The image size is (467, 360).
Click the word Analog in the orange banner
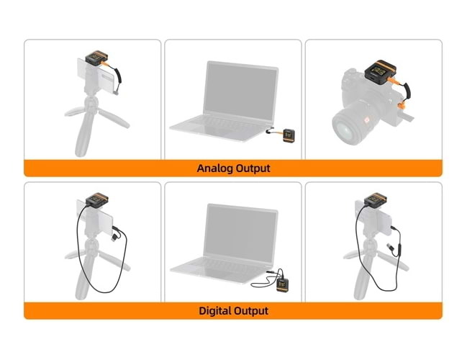(x=214, y=168)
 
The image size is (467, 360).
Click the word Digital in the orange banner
(x=215, y=311)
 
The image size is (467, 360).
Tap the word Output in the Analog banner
(x=253, y=168)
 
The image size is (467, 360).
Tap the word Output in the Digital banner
(x=251, y=311)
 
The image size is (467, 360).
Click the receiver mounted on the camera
(x=380, y=73)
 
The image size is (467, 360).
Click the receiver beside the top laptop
(x=289, y=136)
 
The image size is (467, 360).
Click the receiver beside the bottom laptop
(x=282, y=285)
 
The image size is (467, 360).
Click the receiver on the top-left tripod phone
(x=96, y=58)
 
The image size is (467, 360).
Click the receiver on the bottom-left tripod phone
(x=97, y=201)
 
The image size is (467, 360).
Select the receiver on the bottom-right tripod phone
(x=376, y=200)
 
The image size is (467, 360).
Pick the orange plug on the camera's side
(x=402, y=106)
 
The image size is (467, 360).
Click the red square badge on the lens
(x=367, y=120)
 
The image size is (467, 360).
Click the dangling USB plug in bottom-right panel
(x=389, y=247)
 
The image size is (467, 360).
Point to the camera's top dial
(x=351, y=72)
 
